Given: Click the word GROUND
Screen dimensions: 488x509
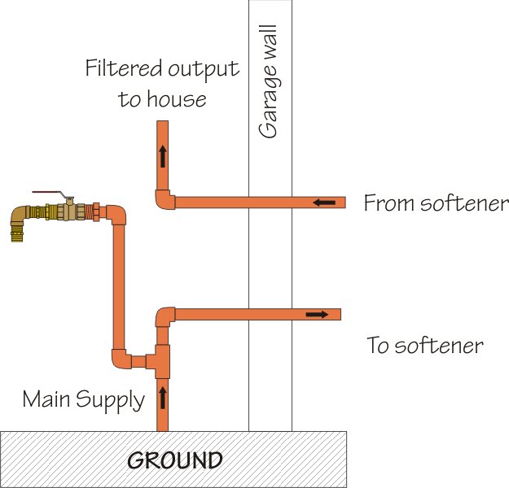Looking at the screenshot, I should pos(175,460).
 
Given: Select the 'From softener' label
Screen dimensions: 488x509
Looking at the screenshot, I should pos(436,203).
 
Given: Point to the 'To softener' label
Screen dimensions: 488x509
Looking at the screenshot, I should pos(425,346).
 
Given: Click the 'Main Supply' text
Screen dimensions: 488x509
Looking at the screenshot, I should pos(83,399).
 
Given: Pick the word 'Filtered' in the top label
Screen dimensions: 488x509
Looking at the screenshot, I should pos(121,68).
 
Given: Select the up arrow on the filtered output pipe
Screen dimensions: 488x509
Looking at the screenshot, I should pos(163,155).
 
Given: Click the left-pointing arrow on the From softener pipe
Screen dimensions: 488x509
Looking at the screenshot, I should pos(323,203).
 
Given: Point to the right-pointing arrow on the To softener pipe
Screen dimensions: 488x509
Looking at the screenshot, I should pos(318,314).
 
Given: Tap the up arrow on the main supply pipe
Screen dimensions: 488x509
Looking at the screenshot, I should pos(162,398).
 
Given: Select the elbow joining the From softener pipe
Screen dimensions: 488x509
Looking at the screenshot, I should pos(165,199).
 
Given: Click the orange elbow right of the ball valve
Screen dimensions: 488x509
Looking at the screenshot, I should pos(116,216).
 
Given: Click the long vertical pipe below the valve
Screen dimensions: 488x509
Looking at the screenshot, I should pos(119,285).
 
